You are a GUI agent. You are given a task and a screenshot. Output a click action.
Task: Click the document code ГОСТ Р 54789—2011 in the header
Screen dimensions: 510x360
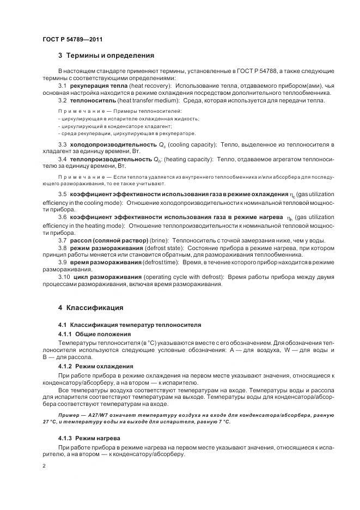pos(72,40)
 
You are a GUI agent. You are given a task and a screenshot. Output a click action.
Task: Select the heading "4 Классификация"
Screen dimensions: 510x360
pos(90,307)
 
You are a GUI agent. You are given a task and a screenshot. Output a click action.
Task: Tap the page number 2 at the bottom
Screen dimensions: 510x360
pos(44,466)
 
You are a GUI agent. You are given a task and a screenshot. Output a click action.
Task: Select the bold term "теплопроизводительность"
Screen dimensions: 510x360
pos(110,159)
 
